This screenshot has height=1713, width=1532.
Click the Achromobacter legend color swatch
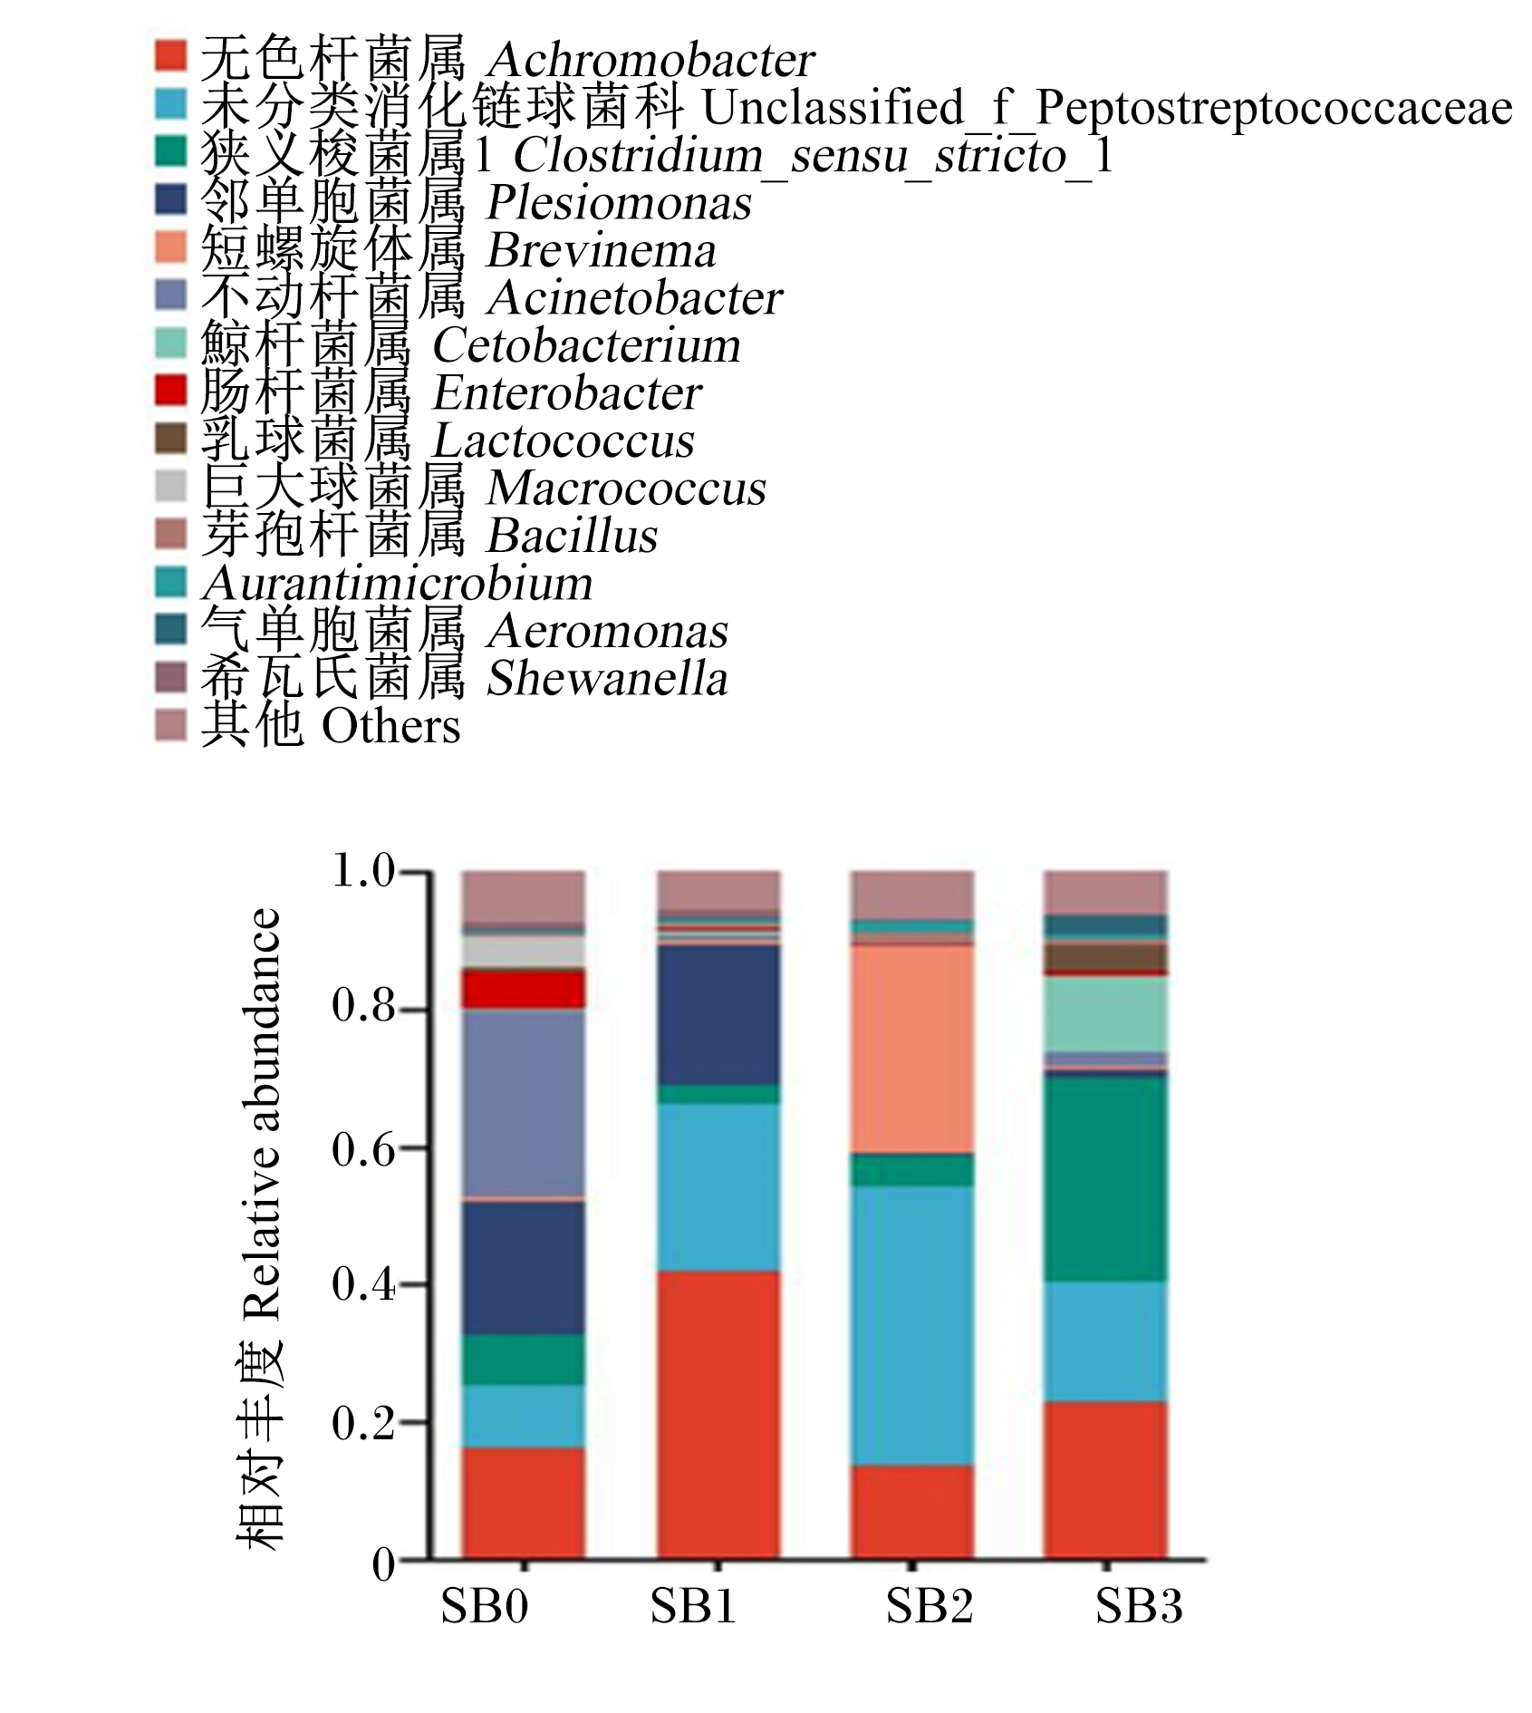coord(170,56)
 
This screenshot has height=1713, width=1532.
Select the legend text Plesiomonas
coord(619,203)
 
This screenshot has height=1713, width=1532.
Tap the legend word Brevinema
coord(602,251)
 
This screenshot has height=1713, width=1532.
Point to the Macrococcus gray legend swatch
coord(170,485)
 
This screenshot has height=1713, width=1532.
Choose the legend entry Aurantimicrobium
coord(397,583)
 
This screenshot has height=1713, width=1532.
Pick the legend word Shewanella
coord(607,679)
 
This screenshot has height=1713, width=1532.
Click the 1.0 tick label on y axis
coord(364,872)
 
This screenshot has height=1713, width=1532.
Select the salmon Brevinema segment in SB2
coord(911,1050)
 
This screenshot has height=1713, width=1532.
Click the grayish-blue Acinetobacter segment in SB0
coord(524,1103)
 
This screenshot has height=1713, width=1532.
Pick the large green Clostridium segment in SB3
coord(1105,1178)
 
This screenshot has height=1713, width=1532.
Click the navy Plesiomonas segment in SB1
coord(718,1015)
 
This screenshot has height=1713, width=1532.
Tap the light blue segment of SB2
coord(911,1326)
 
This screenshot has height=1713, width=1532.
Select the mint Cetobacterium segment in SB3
coord(1105,1014)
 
